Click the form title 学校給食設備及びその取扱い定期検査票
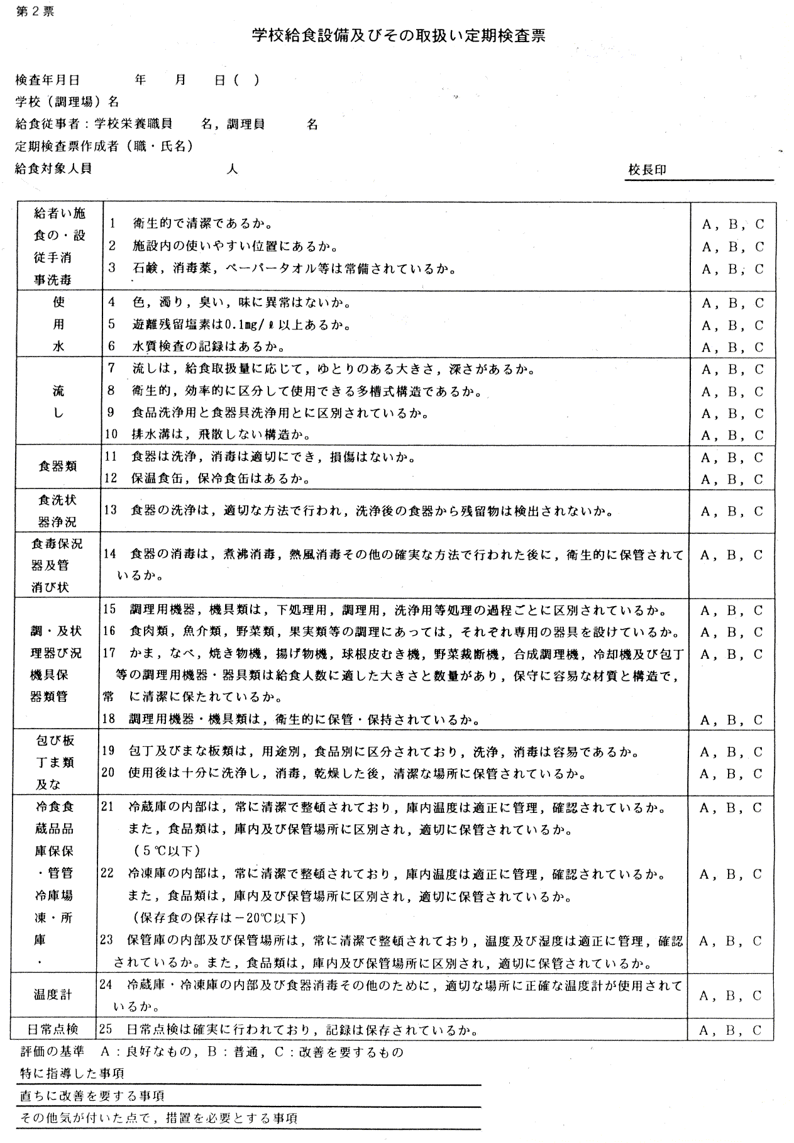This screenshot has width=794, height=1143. pos(399,36)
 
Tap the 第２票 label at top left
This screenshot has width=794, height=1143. pos(35,12)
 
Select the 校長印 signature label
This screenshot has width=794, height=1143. pos(647,170)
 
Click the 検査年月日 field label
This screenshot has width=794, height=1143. pos(48,80)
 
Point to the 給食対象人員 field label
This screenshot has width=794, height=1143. pos(53,169)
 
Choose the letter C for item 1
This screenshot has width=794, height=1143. pos(759,224)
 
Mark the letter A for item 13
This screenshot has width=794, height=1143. pos(706,511)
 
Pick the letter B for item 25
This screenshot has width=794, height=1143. pos(732,1030)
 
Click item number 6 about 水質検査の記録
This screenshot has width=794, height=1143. pos(111,346)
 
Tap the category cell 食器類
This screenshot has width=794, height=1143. pos(58,466)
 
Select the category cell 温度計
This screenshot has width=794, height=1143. pos(53,995)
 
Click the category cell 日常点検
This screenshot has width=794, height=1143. pos(53,1029)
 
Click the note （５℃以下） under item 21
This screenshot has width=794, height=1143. pos(167,851)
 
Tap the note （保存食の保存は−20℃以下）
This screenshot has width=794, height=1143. pos(219,918)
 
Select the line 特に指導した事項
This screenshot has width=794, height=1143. pos(72,1073)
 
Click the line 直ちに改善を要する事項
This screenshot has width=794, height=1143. pos(92,1096)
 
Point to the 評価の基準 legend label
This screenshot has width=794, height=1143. pos(52,1051)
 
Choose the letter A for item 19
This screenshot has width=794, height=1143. pos(706,752)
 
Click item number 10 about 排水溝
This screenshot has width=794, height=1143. pos(111,434)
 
